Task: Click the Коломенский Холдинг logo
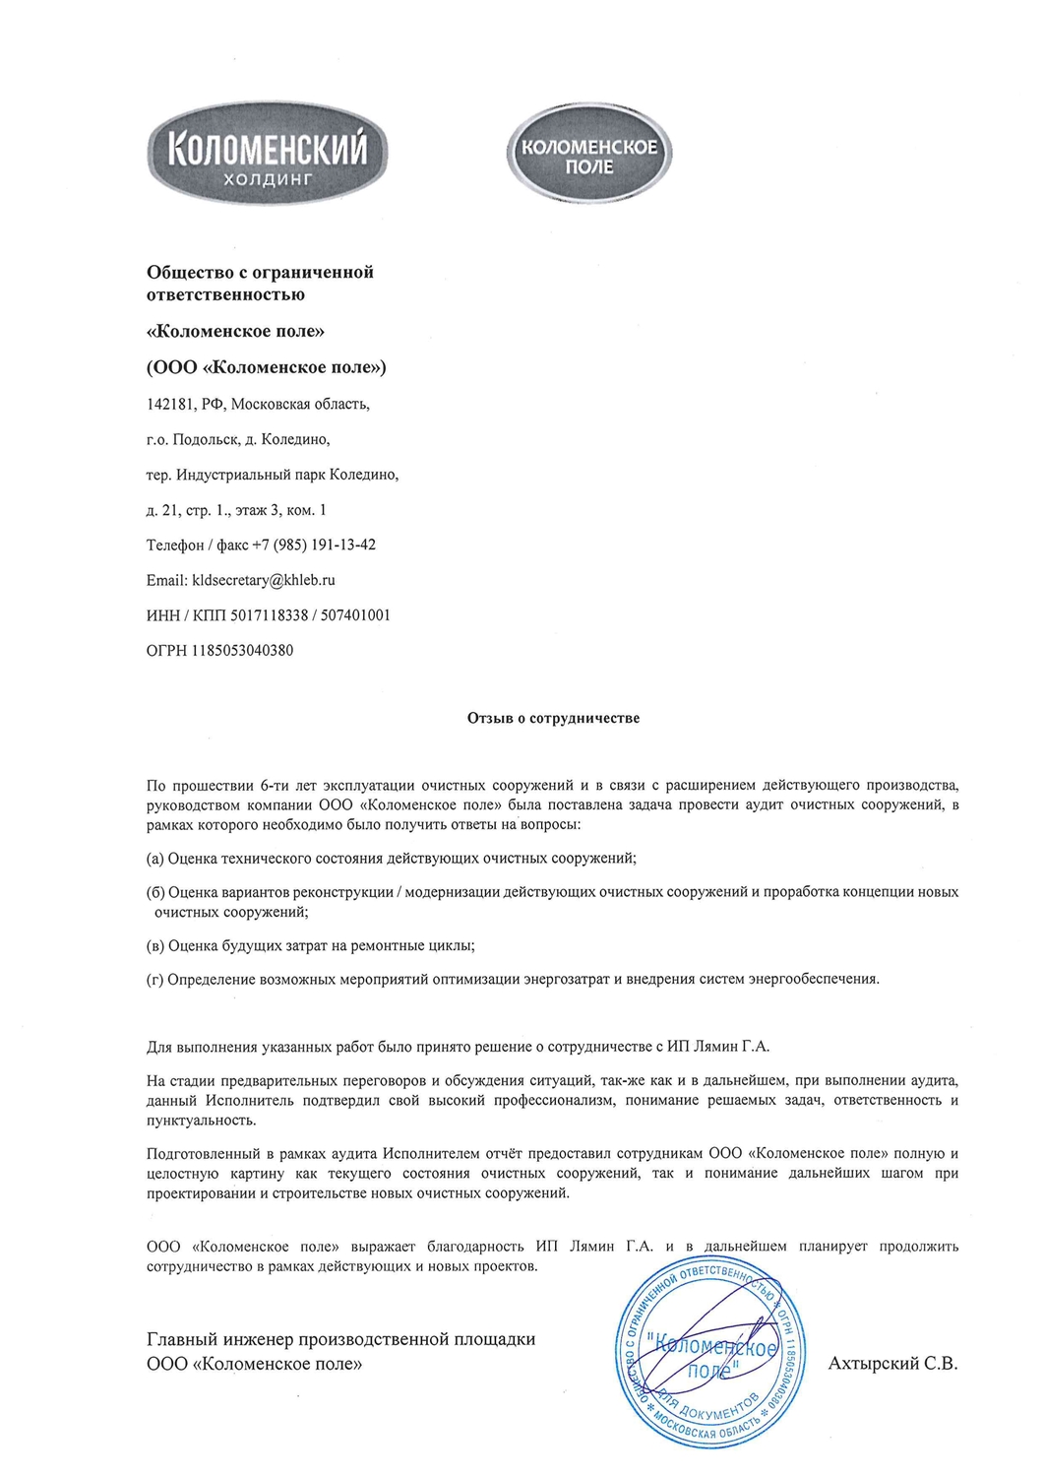[268, 155]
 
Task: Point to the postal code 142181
[170, 404]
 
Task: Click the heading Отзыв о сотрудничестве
[553, 718]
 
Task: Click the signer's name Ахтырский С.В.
[892, 1364]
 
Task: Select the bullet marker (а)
[155, 859]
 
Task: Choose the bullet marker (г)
[155, 979]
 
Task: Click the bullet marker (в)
[155, 945]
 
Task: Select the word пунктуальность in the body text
[201, 1121]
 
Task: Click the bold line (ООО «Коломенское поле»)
[267, 367]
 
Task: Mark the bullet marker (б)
[155, 892]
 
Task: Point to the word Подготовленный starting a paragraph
[204, 1153]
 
